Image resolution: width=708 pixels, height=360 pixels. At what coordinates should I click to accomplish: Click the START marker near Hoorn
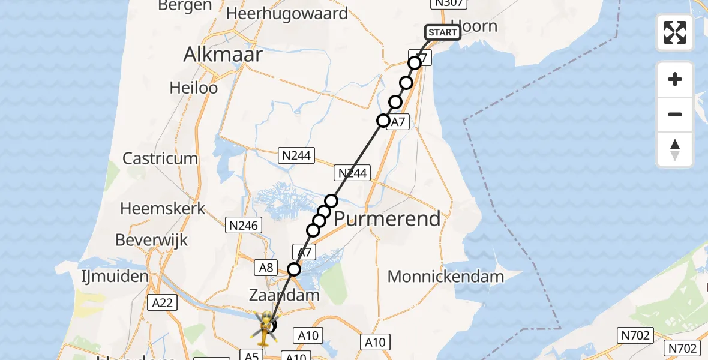coord(443,32)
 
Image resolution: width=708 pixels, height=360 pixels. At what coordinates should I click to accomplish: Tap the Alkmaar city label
coord(223,55)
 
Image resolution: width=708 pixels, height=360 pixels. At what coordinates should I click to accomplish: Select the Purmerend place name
coord(387,219)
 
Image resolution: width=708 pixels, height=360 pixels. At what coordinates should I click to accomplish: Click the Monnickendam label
coord(446,277)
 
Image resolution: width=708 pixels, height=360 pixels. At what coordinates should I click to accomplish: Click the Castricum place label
coord(160,158)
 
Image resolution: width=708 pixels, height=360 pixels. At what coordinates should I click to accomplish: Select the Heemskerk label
coord(163,209)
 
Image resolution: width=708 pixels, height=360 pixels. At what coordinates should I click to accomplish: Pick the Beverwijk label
coord(151,241)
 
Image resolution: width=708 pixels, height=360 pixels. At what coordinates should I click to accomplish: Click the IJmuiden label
coord(115,277)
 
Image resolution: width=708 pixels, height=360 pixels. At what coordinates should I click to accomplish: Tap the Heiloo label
coord(193,88)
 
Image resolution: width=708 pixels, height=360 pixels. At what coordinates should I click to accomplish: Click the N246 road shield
coord(244,226)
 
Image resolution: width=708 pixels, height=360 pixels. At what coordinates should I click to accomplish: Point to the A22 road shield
coord(162,302)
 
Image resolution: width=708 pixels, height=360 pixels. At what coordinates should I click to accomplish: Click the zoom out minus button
coord(675,114)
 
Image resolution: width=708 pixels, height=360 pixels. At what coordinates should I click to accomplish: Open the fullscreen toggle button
coord(675,32)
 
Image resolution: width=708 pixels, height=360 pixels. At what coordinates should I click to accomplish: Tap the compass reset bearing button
coord(675,149)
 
